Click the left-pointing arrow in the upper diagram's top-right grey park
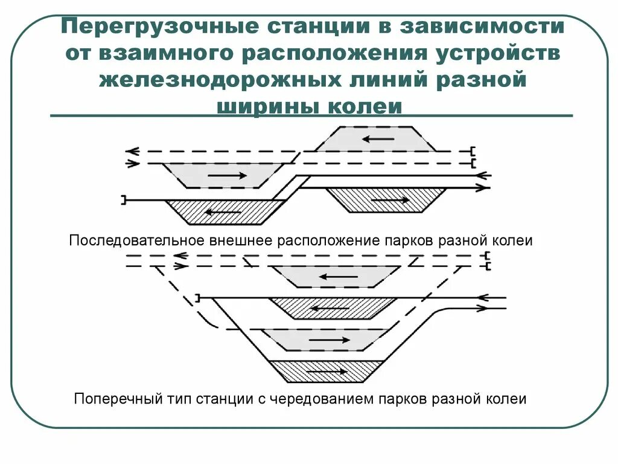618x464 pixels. point(378,139)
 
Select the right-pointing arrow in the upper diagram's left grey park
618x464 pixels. point(227,175)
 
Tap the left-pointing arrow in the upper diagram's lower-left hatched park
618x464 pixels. point(223,212)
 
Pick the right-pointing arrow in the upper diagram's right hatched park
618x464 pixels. point(389,199)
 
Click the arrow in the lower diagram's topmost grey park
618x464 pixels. point(338,277)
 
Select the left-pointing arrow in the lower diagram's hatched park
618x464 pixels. point(331,308)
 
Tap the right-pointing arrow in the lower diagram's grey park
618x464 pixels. point(330,340)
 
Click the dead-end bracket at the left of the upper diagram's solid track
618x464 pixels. point(124,199)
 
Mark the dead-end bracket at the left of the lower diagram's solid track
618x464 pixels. point(198,297)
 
